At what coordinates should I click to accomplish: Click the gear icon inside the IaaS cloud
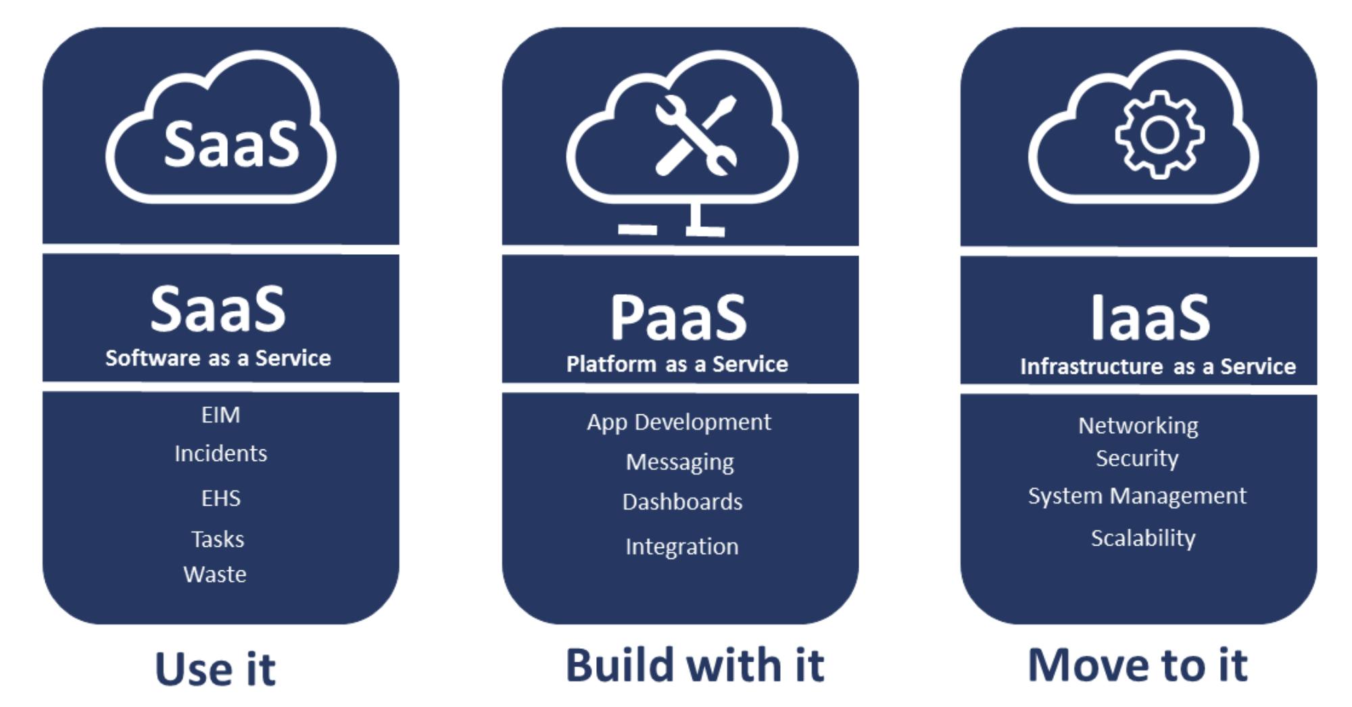(1159, 135)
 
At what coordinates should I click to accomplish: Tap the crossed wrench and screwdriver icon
(696, 135)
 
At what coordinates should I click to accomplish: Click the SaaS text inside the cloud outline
(231, 144)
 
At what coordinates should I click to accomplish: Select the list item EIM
(220, 414)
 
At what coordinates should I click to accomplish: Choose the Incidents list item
(220, 453)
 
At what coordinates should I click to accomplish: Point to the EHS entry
(220, 498)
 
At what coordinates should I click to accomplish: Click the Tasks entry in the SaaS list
(217, 539)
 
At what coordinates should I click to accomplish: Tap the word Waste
(215, 574)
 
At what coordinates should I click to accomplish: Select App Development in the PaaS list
(679, 422)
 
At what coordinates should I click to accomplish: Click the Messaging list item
(679, 462)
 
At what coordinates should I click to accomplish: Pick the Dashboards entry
(682, 502)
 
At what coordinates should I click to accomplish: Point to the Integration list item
(681, 546)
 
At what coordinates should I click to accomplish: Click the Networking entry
(1138, 426)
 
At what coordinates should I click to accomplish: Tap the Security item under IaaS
(1137, 458)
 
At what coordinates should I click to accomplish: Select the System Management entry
(1137, 496)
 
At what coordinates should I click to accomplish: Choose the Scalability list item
(1142, 538)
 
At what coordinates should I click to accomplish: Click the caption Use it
(215, 669)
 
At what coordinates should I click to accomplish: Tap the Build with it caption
(694, 665)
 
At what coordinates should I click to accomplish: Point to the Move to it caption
(1137, 665)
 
